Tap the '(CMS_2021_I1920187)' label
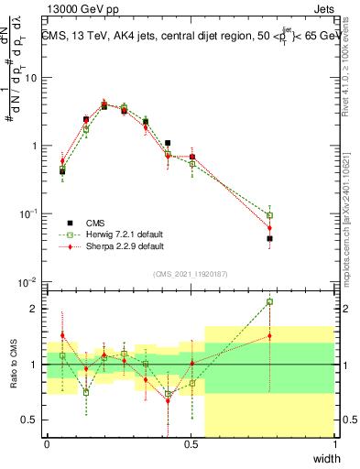190,274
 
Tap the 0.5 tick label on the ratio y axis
30,420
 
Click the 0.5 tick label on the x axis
191,444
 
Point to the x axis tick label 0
47,444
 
